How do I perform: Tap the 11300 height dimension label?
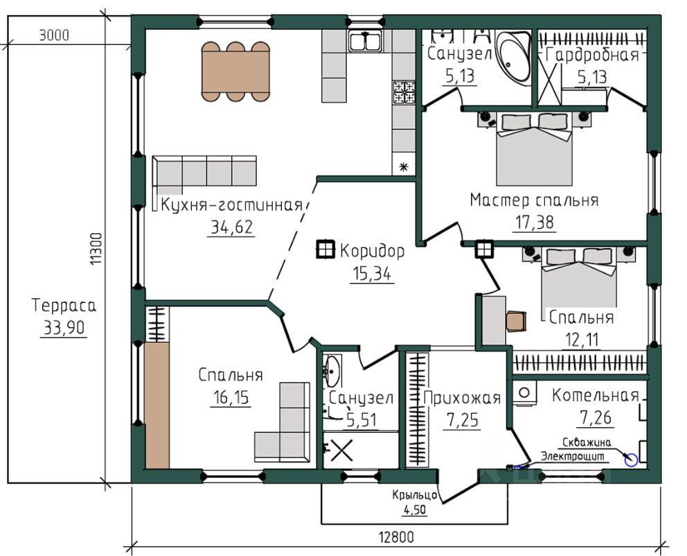click(96, 249)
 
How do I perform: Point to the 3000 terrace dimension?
click(54, 35)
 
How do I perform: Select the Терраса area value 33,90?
click(64, 327)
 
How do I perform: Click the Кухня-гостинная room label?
click(232, 205)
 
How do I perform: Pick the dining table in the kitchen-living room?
click(235, 71)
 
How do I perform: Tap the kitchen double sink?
click(365, 42)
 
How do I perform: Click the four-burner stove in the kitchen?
click(404, 92)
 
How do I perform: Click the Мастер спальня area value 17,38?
click(534, 223)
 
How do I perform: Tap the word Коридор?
click(372, 251)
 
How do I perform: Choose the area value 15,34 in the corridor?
click(372, 274)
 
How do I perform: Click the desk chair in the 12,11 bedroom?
click(516, 321)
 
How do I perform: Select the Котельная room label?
click(596, 396)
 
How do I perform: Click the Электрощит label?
click(572, 456)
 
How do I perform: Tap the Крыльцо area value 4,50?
click(414, 510)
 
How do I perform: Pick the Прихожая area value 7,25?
click(462, 421)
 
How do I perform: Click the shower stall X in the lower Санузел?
click(341, 450)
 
